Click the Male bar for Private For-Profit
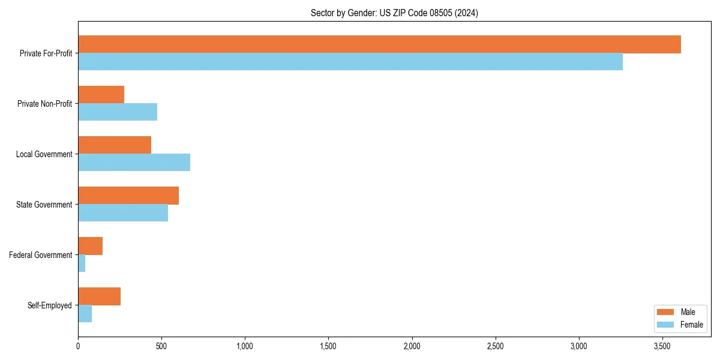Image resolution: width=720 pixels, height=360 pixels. (x=379, y=44)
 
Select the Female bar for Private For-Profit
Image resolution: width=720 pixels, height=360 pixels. (x=350, y=62)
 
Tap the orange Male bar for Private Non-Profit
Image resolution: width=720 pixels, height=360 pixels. (x=101, y=95)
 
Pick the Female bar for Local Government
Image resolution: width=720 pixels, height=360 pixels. (x=134, y=163)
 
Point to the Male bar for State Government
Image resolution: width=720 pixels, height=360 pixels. (x=128, y=196)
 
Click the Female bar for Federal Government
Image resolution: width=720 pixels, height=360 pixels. (x=82, y=263)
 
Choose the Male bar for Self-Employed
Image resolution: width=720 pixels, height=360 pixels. (x=99, y=296)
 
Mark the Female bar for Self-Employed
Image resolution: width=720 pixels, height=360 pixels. (x=85, y=314)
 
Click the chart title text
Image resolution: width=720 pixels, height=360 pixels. (x=394, y=13)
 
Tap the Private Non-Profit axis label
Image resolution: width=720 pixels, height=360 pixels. (x=44, y=104)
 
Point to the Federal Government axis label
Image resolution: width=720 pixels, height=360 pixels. (x=41, y=255)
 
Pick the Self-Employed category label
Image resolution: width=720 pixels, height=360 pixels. (x=50, y=305)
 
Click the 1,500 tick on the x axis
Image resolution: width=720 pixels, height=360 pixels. (x=328, y=346)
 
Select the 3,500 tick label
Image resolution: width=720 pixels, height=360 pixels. (x=662, y=346)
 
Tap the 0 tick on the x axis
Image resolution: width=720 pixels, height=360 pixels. (x=78, y=346)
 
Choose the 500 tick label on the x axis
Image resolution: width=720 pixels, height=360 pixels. (x=161, y=346)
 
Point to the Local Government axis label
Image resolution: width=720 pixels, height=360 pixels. (x=44, y=154)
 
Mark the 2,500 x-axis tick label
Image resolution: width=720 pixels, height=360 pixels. (x=496, y=346)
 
